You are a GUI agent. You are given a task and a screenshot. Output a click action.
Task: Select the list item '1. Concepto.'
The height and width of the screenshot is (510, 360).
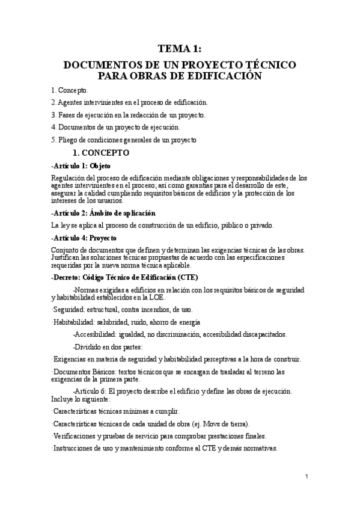(x=69, y=91)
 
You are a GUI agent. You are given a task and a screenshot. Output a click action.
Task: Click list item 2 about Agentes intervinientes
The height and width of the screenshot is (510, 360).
(x=129, y=103)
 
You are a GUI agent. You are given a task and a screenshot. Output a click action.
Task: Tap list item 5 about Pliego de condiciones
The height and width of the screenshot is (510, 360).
(x=124, y=140)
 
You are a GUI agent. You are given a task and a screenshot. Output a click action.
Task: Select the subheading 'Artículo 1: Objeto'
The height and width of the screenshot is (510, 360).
(x=81, y=165)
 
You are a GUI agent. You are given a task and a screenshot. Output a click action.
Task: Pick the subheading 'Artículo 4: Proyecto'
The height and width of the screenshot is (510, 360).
(x=84, y=238)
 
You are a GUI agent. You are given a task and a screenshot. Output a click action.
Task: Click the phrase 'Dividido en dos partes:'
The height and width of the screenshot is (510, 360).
(x=108, y=347)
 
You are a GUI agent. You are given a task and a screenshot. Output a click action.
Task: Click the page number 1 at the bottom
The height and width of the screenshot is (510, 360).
(x=307, y=477)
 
